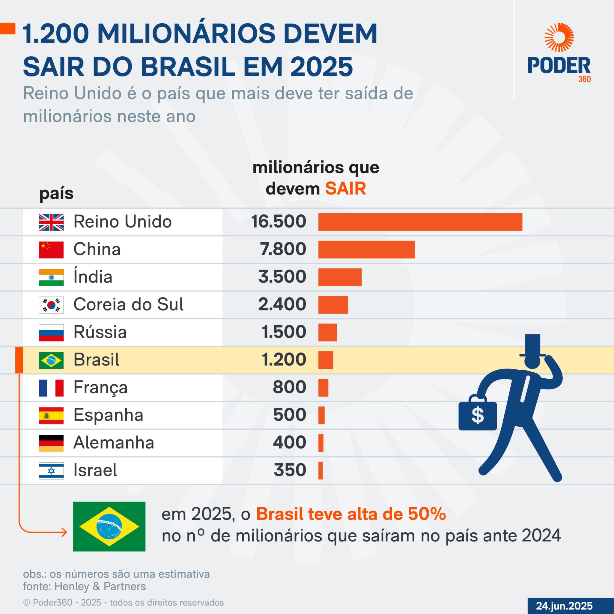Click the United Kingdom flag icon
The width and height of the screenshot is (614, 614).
click(51, 222)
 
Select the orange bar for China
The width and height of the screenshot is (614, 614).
click(366, 249)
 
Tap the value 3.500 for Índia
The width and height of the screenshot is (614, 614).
click(282, 277)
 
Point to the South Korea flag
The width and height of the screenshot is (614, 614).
click(51, 305)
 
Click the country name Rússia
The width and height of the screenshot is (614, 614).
click(100, 332)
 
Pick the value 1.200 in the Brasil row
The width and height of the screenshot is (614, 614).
click(284, 360)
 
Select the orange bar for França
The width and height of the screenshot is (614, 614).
click(323, 387)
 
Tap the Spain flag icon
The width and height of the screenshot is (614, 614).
click(51, 415)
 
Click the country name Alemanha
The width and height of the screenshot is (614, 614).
click(113, 443)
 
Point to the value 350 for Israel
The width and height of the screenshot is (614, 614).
click(290, 470)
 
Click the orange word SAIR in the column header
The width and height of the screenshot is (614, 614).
click(345, 189)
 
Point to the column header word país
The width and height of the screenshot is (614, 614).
click(56, 193)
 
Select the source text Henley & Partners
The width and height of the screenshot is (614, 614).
click(100, 586)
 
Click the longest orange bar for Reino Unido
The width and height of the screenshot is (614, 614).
click(420, 222)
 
